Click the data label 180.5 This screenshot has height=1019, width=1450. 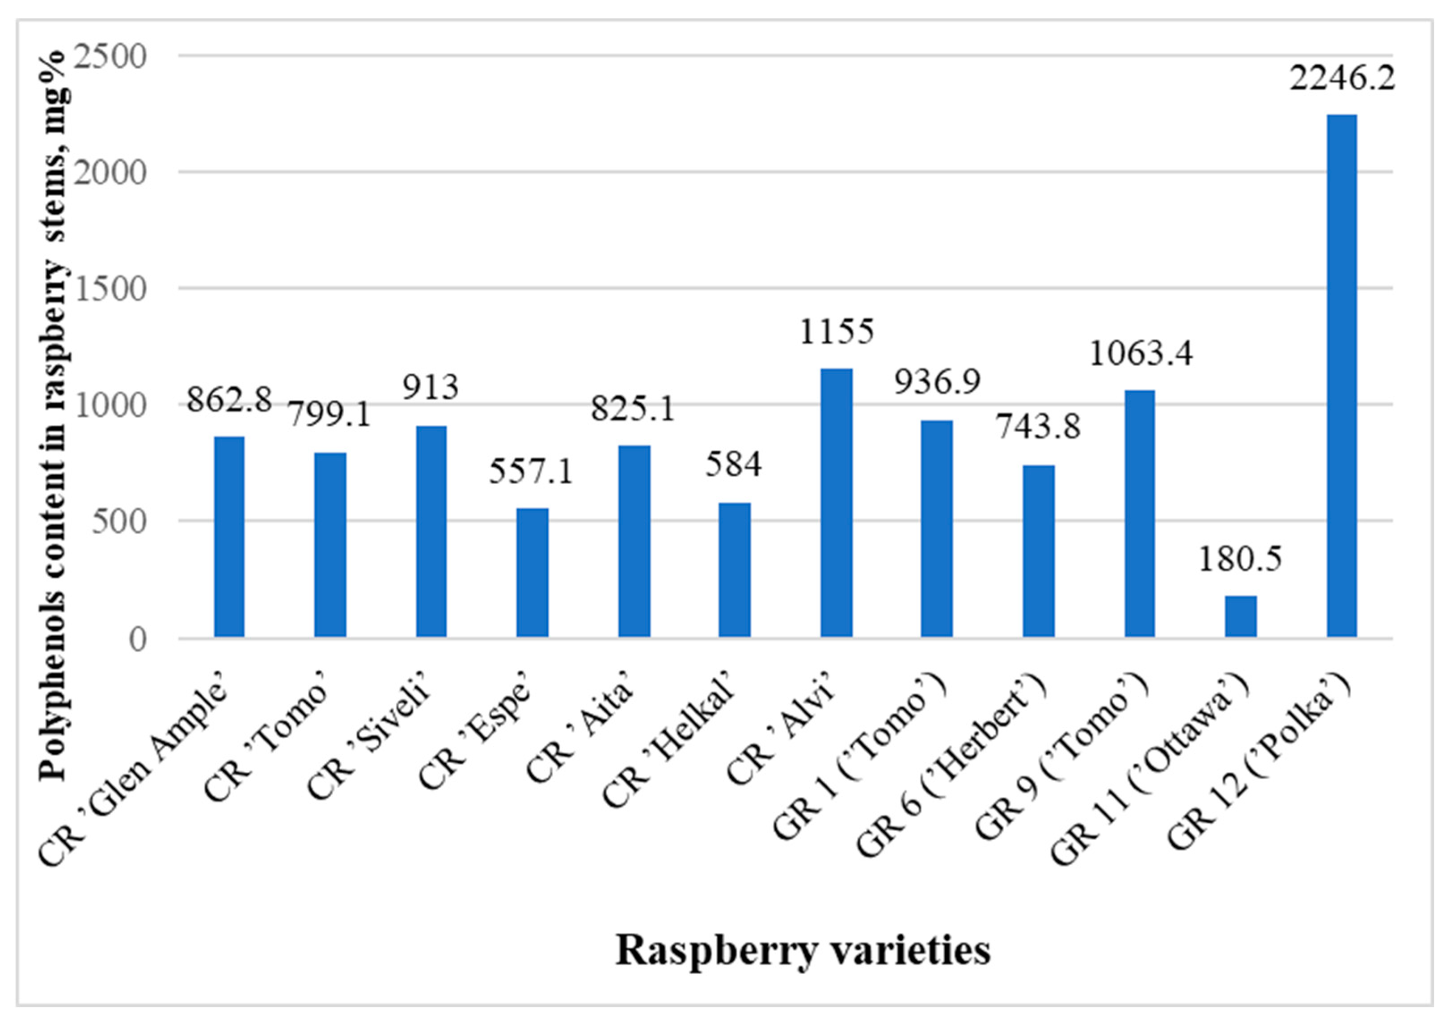(x=1240, y=559)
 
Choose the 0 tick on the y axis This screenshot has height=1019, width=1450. (x=138, y=639)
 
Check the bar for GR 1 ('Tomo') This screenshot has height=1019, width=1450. (x=937, y=529)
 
